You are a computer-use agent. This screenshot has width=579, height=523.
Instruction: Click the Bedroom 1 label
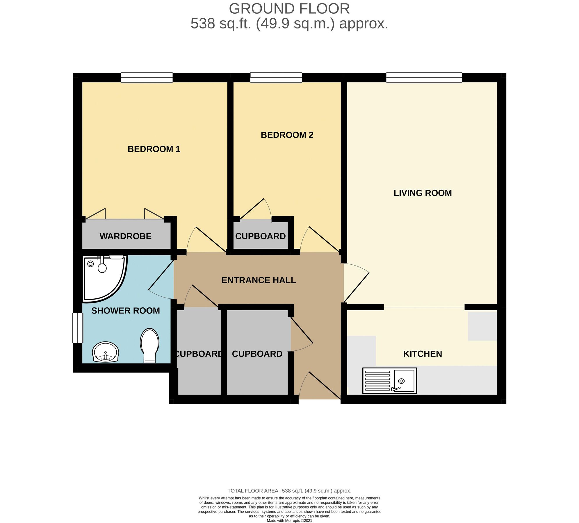click(154, 149)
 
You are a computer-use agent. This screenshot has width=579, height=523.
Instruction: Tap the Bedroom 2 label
click(287, 135)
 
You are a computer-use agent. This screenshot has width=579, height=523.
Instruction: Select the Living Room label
click(423, 193)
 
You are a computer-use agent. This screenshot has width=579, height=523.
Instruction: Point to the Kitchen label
click(423, 354)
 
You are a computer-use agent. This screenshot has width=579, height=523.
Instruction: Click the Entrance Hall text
click(259, 280)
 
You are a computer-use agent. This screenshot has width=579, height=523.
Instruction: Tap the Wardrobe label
click(125, 236)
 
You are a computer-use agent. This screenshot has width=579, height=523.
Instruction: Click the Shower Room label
click(126, 311)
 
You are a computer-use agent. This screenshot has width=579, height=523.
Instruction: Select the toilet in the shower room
click(150, 345)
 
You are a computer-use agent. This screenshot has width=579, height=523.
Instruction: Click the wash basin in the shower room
click(105, 352)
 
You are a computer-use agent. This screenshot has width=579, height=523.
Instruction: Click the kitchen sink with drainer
click(389, 381)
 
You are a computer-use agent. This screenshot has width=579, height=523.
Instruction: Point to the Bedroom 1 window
click(147, 78)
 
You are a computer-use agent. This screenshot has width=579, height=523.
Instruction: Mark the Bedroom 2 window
click(276, 78)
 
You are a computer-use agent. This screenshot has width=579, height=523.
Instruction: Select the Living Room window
click(424, 78)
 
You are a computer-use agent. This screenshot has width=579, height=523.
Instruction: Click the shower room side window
click(78, 328)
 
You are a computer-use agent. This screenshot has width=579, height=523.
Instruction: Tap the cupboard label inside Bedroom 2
click(260, 236)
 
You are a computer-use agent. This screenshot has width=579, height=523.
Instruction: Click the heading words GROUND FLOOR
click(289, 8)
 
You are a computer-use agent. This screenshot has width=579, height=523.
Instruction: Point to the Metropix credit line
click(289, 521)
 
